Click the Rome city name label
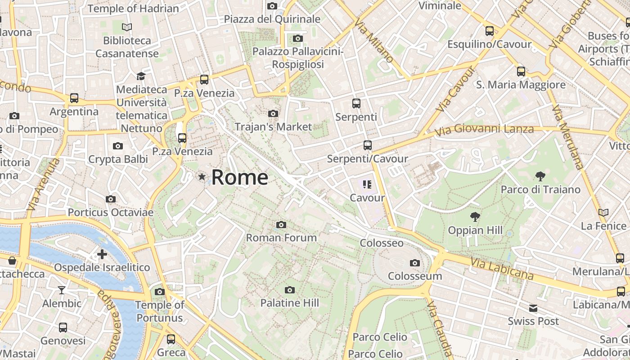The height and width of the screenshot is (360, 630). (239, 177)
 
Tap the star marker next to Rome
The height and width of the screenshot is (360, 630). (202, 177)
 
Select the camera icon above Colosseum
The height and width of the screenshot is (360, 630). (414, 263)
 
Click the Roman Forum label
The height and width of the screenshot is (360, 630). (281, 237)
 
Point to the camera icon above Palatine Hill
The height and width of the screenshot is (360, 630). (290, 290)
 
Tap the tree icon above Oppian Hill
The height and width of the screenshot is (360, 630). (475, 217)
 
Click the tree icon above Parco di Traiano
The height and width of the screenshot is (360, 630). (540, 176)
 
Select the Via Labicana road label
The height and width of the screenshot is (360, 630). (502, 268)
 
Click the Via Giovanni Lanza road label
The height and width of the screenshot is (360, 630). (484, 130)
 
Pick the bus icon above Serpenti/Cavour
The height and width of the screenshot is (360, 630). (368, 145)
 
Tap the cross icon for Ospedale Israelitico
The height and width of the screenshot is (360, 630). (102, 254)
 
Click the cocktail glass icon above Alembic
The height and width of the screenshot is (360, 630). (62, 290)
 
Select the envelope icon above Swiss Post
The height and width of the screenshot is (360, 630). (533, 308)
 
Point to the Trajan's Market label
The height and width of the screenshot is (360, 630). (273, 127)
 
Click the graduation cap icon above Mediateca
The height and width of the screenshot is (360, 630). (141, 76)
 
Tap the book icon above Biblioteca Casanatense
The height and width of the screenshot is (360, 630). (127, 27)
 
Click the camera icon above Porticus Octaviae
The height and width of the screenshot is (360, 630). (111, 199)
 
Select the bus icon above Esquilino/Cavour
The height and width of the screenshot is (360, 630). (490, 31)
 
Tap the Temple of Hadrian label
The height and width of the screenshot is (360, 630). (133, 8)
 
